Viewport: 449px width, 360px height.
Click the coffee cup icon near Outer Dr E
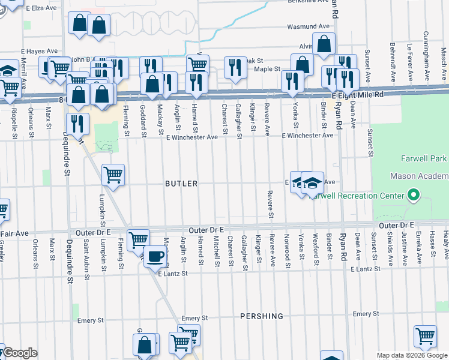click(x=156, y=256)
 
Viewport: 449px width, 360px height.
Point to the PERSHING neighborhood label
click(x=261, y=316)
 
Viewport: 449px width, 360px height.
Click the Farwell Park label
click(x=423, y=159)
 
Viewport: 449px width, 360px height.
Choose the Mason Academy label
click(x=419, y=176)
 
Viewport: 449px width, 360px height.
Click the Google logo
click(x=21, y=353)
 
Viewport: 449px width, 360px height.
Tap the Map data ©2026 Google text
click(x=412, y=355)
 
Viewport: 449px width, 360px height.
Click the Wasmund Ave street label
click(x=309, y=26)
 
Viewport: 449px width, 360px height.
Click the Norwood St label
click(x=288, y=250)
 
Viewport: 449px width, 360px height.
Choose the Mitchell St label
click(x=215, y=250)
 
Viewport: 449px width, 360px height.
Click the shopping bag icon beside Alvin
click(x=324, y=44)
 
